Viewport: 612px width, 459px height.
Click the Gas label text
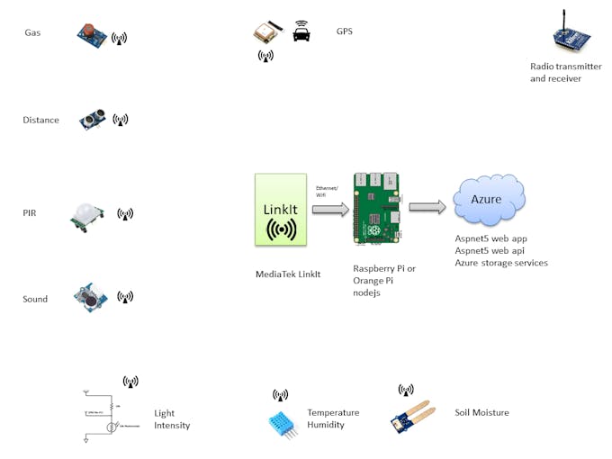(32, 33)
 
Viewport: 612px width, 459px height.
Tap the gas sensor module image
(90, 33)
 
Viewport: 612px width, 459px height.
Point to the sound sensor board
(90, 297)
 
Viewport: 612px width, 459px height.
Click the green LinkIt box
(281, 211)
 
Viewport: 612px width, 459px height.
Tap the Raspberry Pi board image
(377, 208)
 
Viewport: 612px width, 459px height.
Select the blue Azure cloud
(489, 199)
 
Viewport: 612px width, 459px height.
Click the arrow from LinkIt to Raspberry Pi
(330, 209)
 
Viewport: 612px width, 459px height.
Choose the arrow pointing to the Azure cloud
(427, 207)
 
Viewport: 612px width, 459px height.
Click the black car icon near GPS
(301, 32)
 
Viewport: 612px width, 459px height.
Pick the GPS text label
(344, 31)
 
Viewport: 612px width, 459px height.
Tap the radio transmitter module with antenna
(571, 37)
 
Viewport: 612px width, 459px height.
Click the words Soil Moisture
(481, 413)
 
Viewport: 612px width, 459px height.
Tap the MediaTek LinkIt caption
(288, 274)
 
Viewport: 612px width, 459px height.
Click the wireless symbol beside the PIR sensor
(125, 214)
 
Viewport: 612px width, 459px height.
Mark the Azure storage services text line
(501, 263)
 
